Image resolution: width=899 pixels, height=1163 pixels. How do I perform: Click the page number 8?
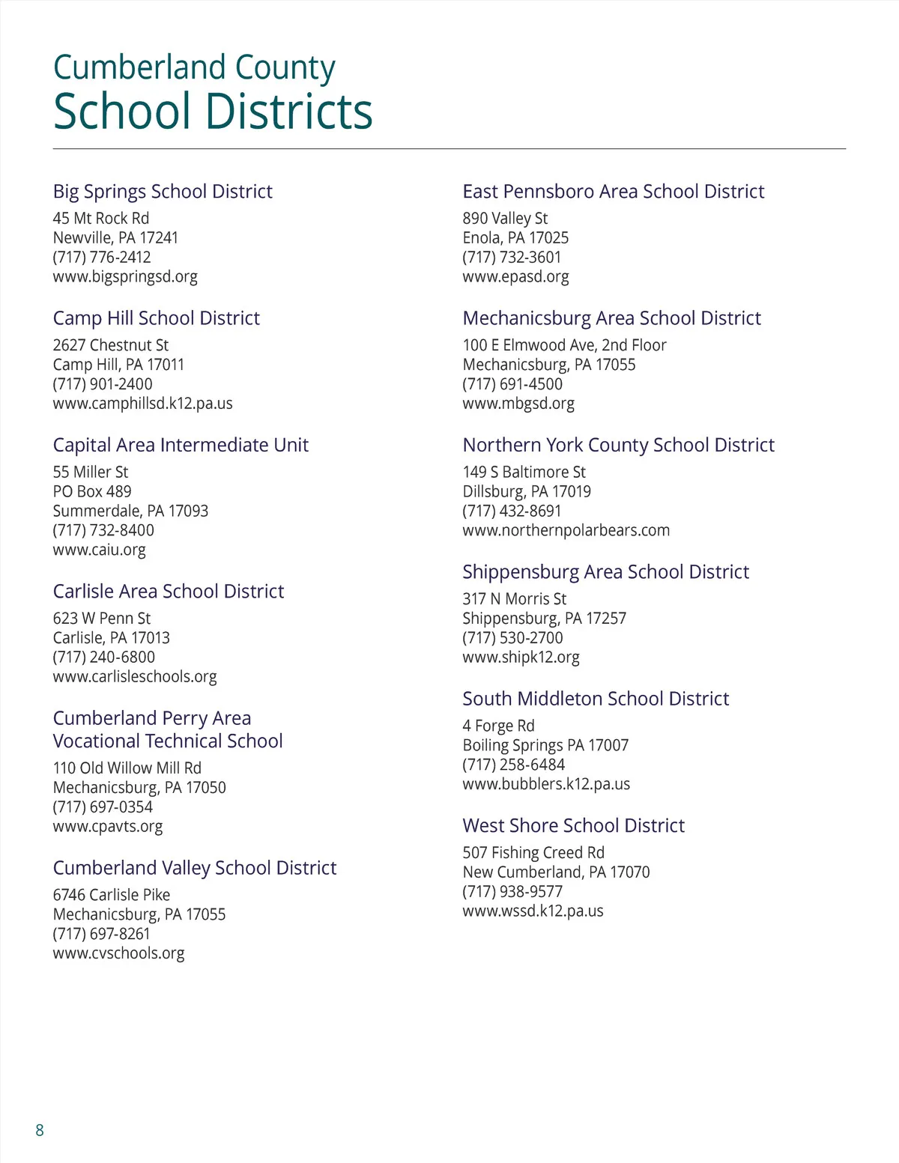coord(40,1130)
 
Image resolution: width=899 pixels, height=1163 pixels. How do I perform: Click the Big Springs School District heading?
coord(163,192)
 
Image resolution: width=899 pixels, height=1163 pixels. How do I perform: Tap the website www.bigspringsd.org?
coord(125,276)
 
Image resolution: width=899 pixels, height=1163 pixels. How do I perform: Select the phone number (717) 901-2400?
coord(103,384)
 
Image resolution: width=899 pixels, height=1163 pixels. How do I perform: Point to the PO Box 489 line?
coord(92,491)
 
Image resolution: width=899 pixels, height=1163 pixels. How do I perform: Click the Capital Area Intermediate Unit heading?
coord(181,445)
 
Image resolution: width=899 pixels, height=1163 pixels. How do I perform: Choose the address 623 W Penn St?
coord(102,619)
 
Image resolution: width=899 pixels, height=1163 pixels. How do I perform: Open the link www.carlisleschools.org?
coord(135,676)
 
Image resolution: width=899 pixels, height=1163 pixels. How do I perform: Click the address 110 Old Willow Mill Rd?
coord(127,768)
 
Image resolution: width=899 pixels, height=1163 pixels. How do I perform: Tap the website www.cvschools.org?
coord(118,953)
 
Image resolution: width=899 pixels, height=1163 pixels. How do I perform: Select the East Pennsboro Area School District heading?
coord(614,192)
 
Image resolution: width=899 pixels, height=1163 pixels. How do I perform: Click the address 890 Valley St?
coord(505,219)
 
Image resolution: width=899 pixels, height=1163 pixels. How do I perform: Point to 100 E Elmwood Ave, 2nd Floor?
coord(564,345)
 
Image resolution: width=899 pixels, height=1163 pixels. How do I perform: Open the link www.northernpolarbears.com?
coord(566,530)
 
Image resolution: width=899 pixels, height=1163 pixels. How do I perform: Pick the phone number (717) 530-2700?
coord(512,638)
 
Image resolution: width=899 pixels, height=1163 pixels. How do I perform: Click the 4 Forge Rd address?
coord(498,726)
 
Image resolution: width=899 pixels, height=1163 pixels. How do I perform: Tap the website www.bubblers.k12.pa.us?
coord(546,784)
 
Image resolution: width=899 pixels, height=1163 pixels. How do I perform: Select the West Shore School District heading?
coord(574,826)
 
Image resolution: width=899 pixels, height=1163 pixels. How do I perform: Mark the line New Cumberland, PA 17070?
coord(556,872)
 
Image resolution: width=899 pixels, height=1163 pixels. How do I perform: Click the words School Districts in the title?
coord(214,112)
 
